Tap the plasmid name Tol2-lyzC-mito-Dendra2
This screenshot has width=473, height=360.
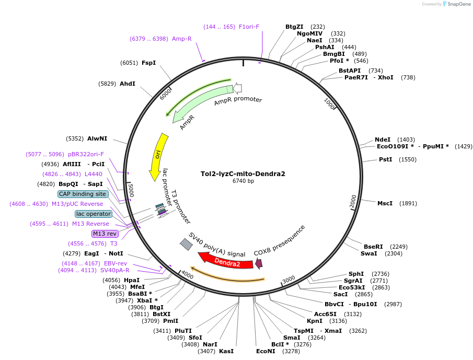click(x=243, y=173)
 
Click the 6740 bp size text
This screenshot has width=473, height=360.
click(x=243, y=181)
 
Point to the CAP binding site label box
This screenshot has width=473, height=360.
click(x=83, y=194)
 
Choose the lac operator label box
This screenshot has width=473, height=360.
click(x=94, y=214)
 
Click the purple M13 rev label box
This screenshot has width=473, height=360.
click(x=105, y=234)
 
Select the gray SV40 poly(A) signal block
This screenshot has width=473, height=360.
click(x=186, y=244)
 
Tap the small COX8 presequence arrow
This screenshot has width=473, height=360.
click(x=258, y=264)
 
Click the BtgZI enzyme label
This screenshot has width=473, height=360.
click(x=294, y=27)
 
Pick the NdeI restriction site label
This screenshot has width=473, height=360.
click(x=383, y=140)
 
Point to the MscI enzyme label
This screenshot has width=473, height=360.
click(x=385, y=203)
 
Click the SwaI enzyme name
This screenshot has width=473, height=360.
click(x=368, y=253)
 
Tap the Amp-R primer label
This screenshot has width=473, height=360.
click(x=182, y=39)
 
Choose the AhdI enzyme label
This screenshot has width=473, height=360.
click(x=128, y=84)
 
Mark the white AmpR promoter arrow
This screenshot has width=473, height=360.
click(x=237, y=88)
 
